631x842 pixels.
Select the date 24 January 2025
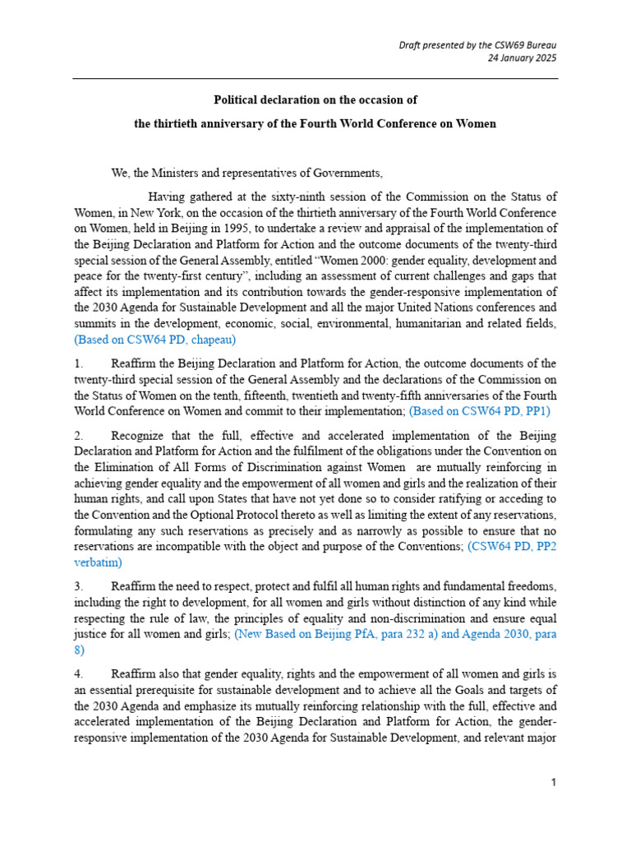pos(523,58)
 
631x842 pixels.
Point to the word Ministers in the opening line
pos(173,173)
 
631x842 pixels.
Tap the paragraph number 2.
pos(78,433)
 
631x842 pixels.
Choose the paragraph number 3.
pos(78,586)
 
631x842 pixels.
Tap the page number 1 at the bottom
pos(555,783)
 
